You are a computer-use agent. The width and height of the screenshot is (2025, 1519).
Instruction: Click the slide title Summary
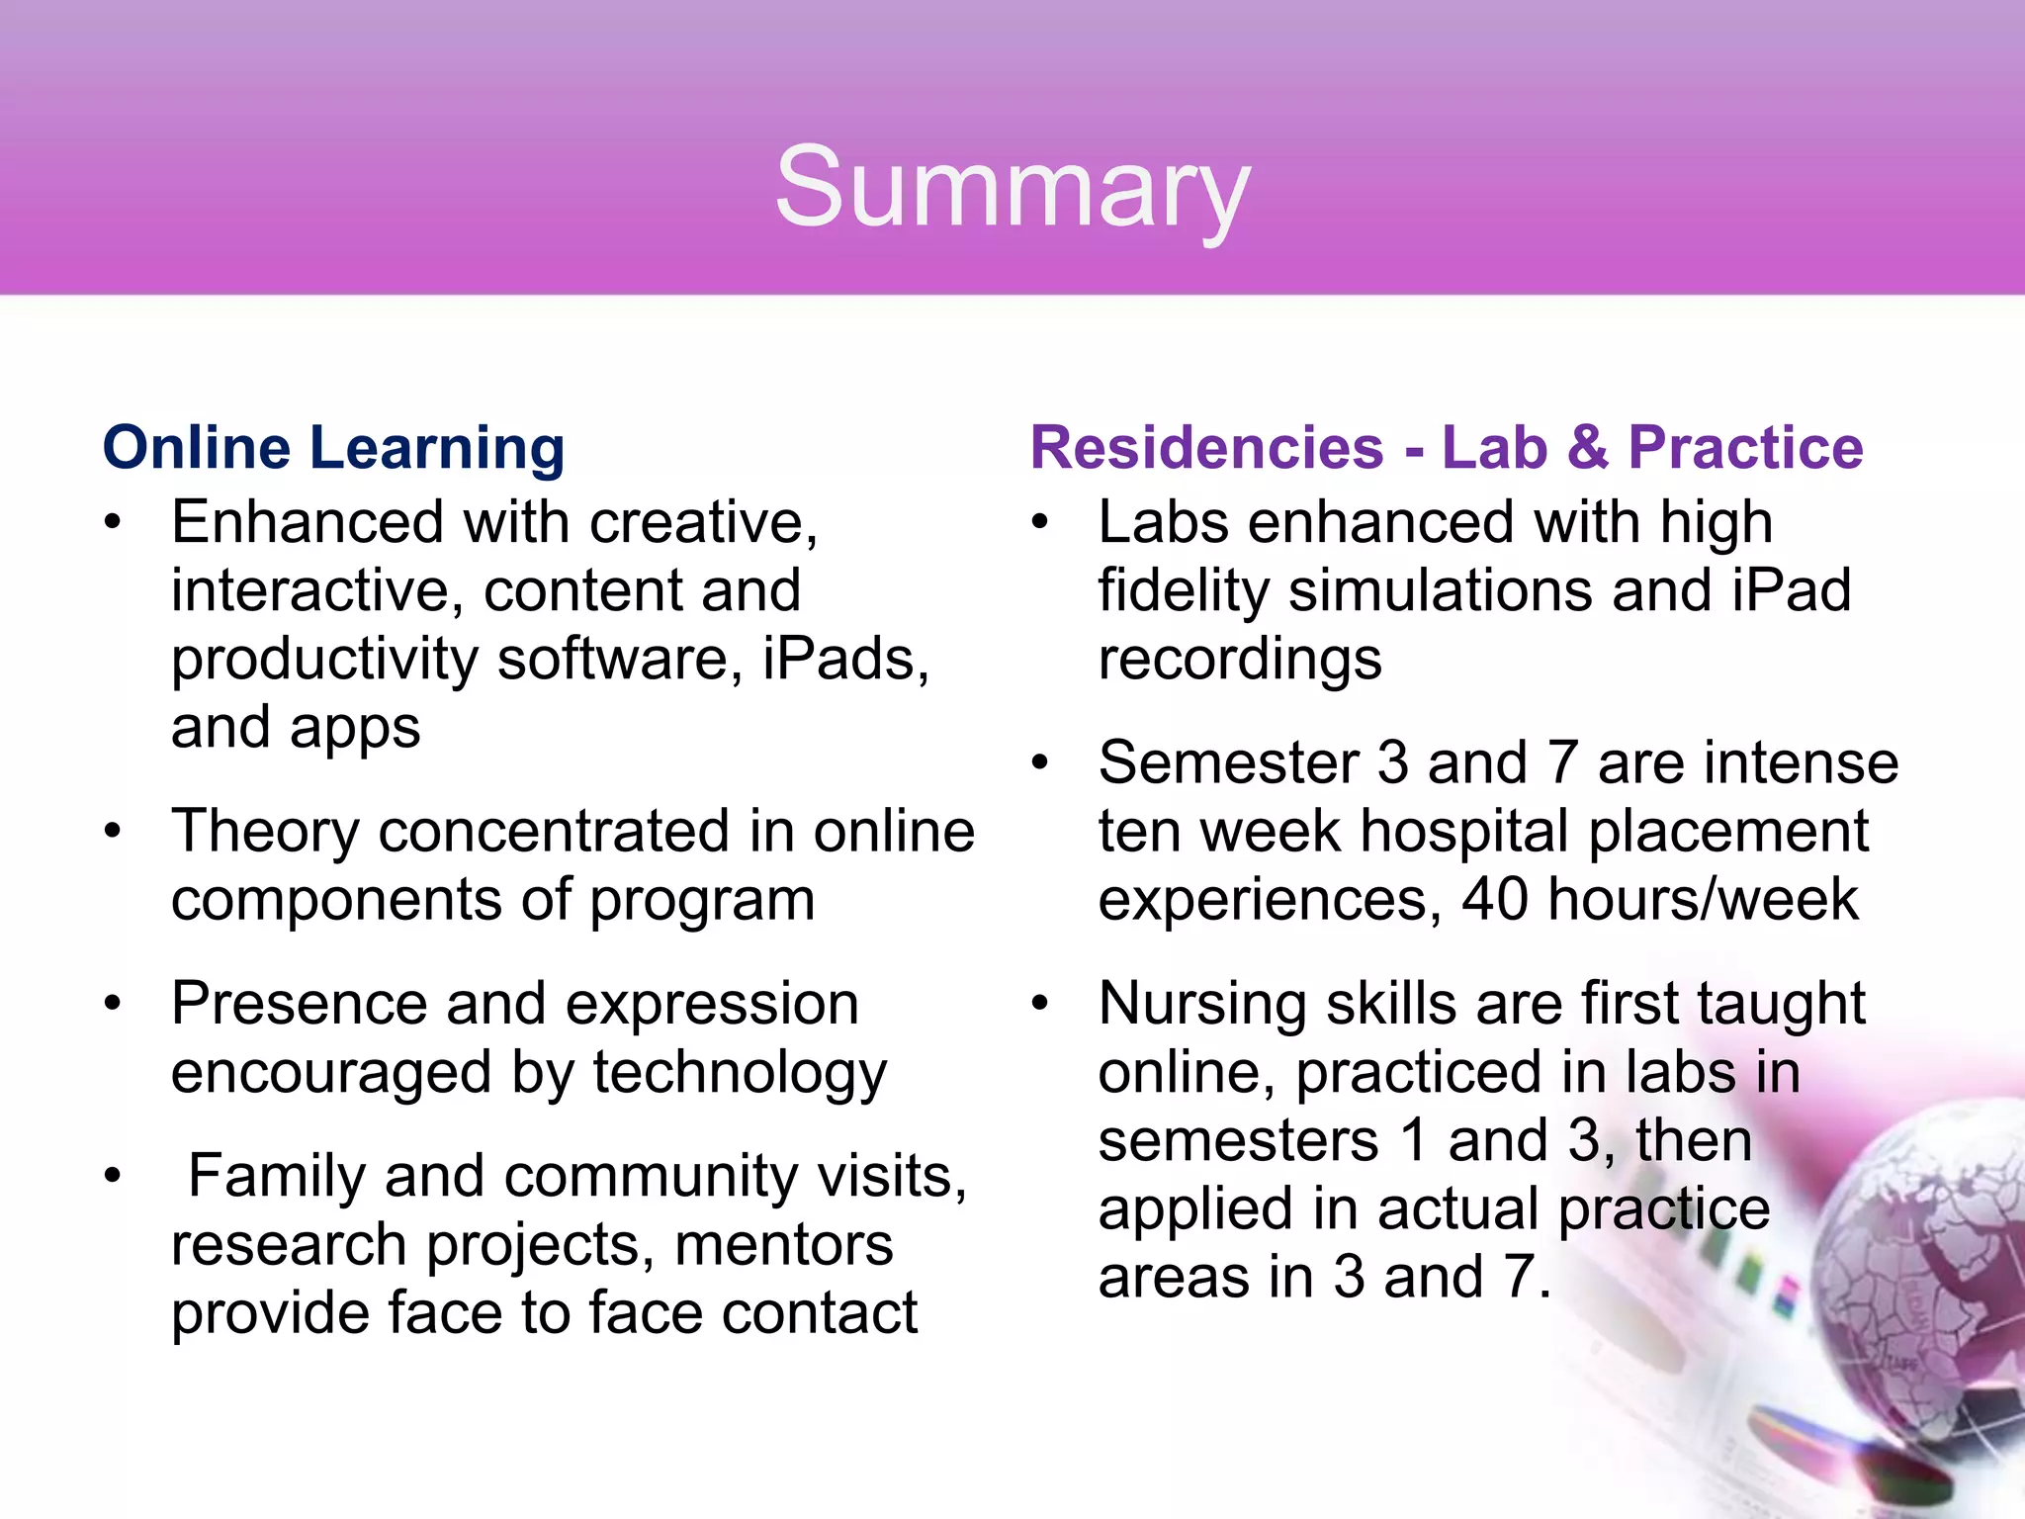pos(1012,188)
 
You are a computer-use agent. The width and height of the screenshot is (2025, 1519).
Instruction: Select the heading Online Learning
pos(334,448)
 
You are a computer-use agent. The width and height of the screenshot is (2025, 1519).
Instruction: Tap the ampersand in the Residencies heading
pos(1587,448)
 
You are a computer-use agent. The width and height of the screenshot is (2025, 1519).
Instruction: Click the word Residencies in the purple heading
pos(1206,448)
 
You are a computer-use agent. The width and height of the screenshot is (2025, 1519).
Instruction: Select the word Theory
pos(265,832)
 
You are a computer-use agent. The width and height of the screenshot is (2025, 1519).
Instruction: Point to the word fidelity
pos(1183,592)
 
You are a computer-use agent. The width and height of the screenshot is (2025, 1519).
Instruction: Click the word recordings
pos(1240,661)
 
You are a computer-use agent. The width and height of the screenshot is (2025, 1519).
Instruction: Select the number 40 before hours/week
pos(1494,900)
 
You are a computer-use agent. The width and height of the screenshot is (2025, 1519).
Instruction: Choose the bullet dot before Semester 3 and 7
pos(1040,763)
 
